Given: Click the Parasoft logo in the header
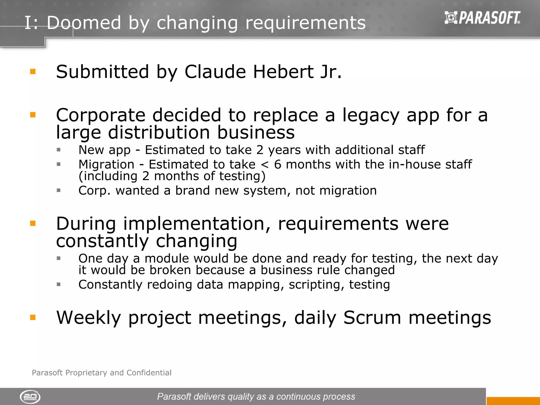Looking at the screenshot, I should point(482,18).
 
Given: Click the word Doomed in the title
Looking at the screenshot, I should point(84,23).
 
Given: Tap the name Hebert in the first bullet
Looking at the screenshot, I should point(283,72).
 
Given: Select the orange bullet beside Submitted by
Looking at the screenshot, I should point(33,72).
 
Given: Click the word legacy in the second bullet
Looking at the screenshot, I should point(371,115).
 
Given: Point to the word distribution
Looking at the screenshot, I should point(159,133).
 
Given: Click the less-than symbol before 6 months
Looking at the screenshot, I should point(264,165).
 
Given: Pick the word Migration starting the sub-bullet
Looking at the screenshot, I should point(107,164).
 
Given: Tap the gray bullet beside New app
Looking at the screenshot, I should point(59,150).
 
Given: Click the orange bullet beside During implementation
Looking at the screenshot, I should point(33,224).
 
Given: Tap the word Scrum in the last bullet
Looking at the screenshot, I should point(372,318).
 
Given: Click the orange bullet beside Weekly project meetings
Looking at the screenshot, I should point(33,317).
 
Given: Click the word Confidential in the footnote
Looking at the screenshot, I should point(149,373).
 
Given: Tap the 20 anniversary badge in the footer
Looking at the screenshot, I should point(30,397).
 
